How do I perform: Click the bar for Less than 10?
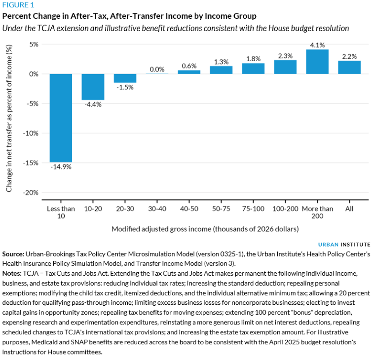[61, 117]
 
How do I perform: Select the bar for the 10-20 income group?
[93, 87]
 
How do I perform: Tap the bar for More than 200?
[317, 62]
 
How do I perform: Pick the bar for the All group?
[349, 67]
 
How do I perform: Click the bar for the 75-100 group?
[253, 69]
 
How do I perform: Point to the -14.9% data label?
[61, 167]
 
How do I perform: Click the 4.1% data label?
[317, 45]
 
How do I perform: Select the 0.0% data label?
[157, 70]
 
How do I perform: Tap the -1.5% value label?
[125, 87]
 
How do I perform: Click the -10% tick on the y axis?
[31, 133]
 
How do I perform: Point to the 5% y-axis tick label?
[33, 44]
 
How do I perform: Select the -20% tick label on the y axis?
[31, 192]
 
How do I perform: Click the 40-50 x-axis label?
[189, 209]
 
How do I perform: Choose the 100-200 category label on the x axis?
[285, 209]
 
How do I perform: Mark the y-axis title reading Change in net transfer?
[9, 118]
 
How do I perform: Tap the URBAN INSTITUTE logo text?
[344, 244]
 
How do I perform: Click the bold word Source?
[13, 253]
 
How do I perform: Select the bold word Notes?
[12, 272]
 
